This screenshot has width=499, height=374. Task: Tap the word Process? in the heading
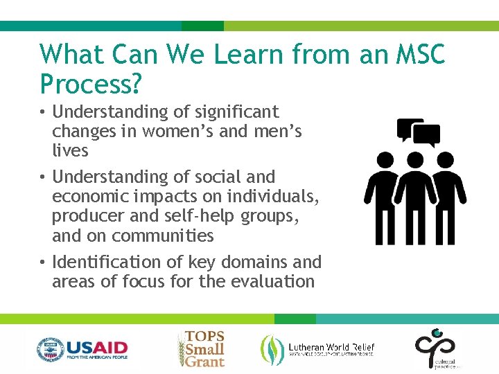pyautogui.click(x=91, y=84)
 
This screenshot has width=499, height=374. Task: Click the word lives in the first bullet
pyautogui.click(x=70, y=150)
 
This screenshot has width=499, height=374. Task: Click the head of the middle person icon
pyautogui.click(x=415, y=161)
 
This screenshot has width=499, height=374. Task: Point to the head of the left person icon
pyautogui.click(x=379, y=161)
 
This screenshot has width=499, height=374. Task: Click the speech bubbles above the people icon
pyautogui.click(x=418, y=132)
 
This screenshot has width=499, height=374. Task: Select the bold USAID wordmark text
pyautogui.click(x=96, y=346)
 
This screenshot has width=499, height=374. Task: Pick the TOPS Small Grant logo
pyautogui.click(x=201, y=348)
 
